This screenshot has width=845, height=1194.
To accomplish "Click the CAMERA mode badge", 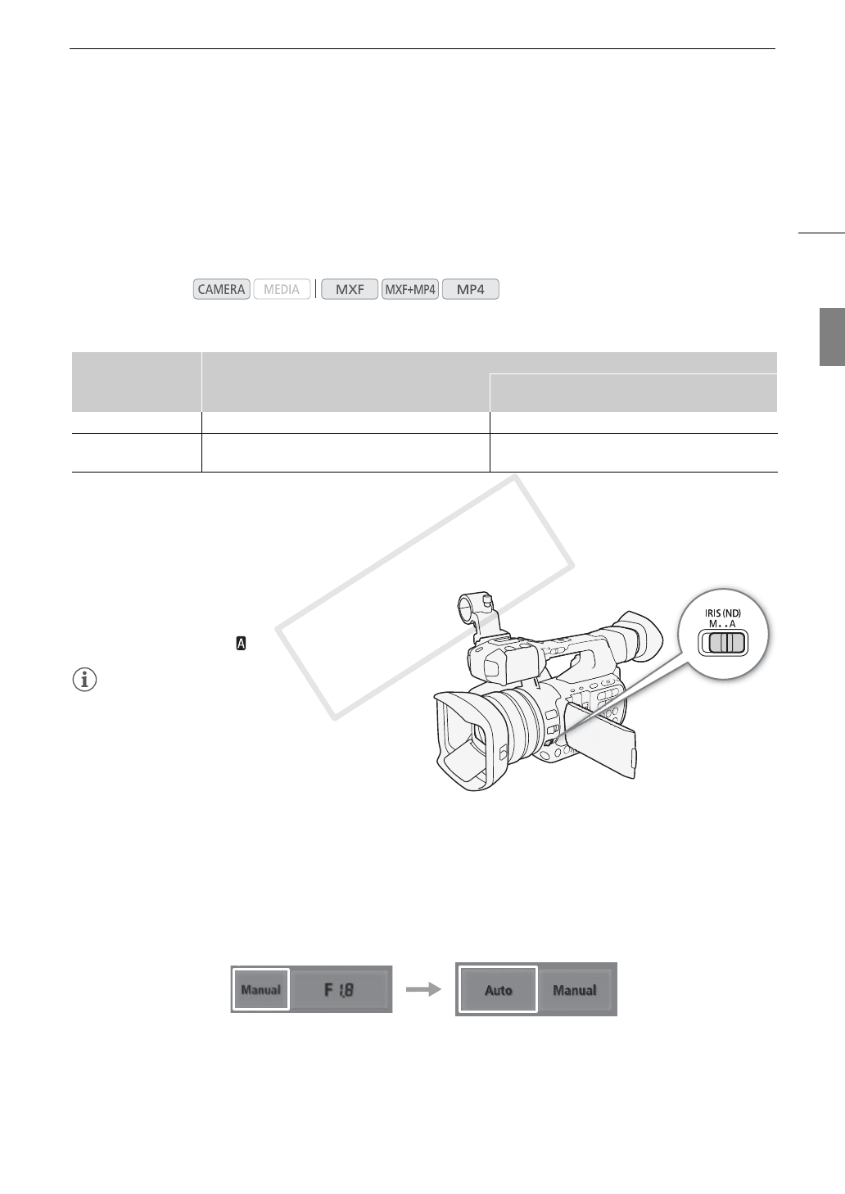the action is tap(222, 289).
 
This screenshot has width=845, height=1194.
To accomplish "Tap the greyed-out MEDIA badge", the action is tap(282, 289).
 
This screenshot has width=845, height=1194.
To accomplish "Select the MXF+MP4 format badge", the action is tap(410, 289).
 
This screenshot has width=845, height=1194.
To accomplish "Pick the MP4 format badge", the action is tap(471, 289).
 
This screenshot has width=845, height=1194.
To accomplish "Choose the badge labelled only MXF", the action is tap(350, 289).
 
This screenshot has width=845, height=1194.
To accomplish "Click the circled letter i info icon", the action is tap(84, 680).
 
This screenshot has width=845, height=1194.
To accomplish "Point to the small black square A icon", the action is tap(241, 644).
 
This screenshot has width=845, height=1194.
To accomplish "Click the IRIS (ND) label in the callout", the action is tap(723, 613).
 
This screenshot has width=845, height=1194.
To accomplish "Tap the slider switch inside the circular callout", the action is tap(723, 643).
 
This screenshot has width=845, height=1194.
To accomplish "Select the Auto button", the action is tap(498, 990).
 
